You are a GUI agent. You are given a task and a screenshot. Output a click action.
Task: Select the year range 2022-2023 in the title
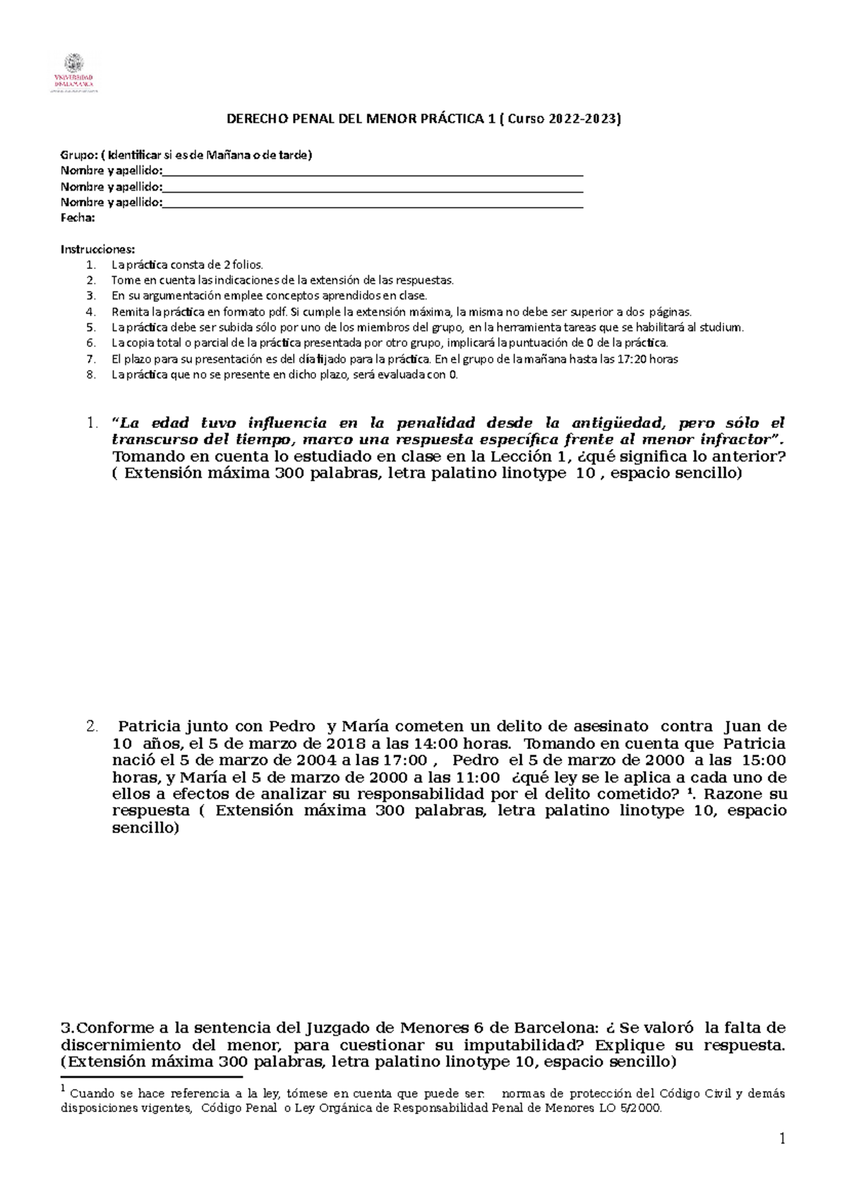coord(583,119)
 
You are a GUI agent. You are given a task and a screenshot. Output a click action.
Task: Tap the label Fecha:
coord(78,218)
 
